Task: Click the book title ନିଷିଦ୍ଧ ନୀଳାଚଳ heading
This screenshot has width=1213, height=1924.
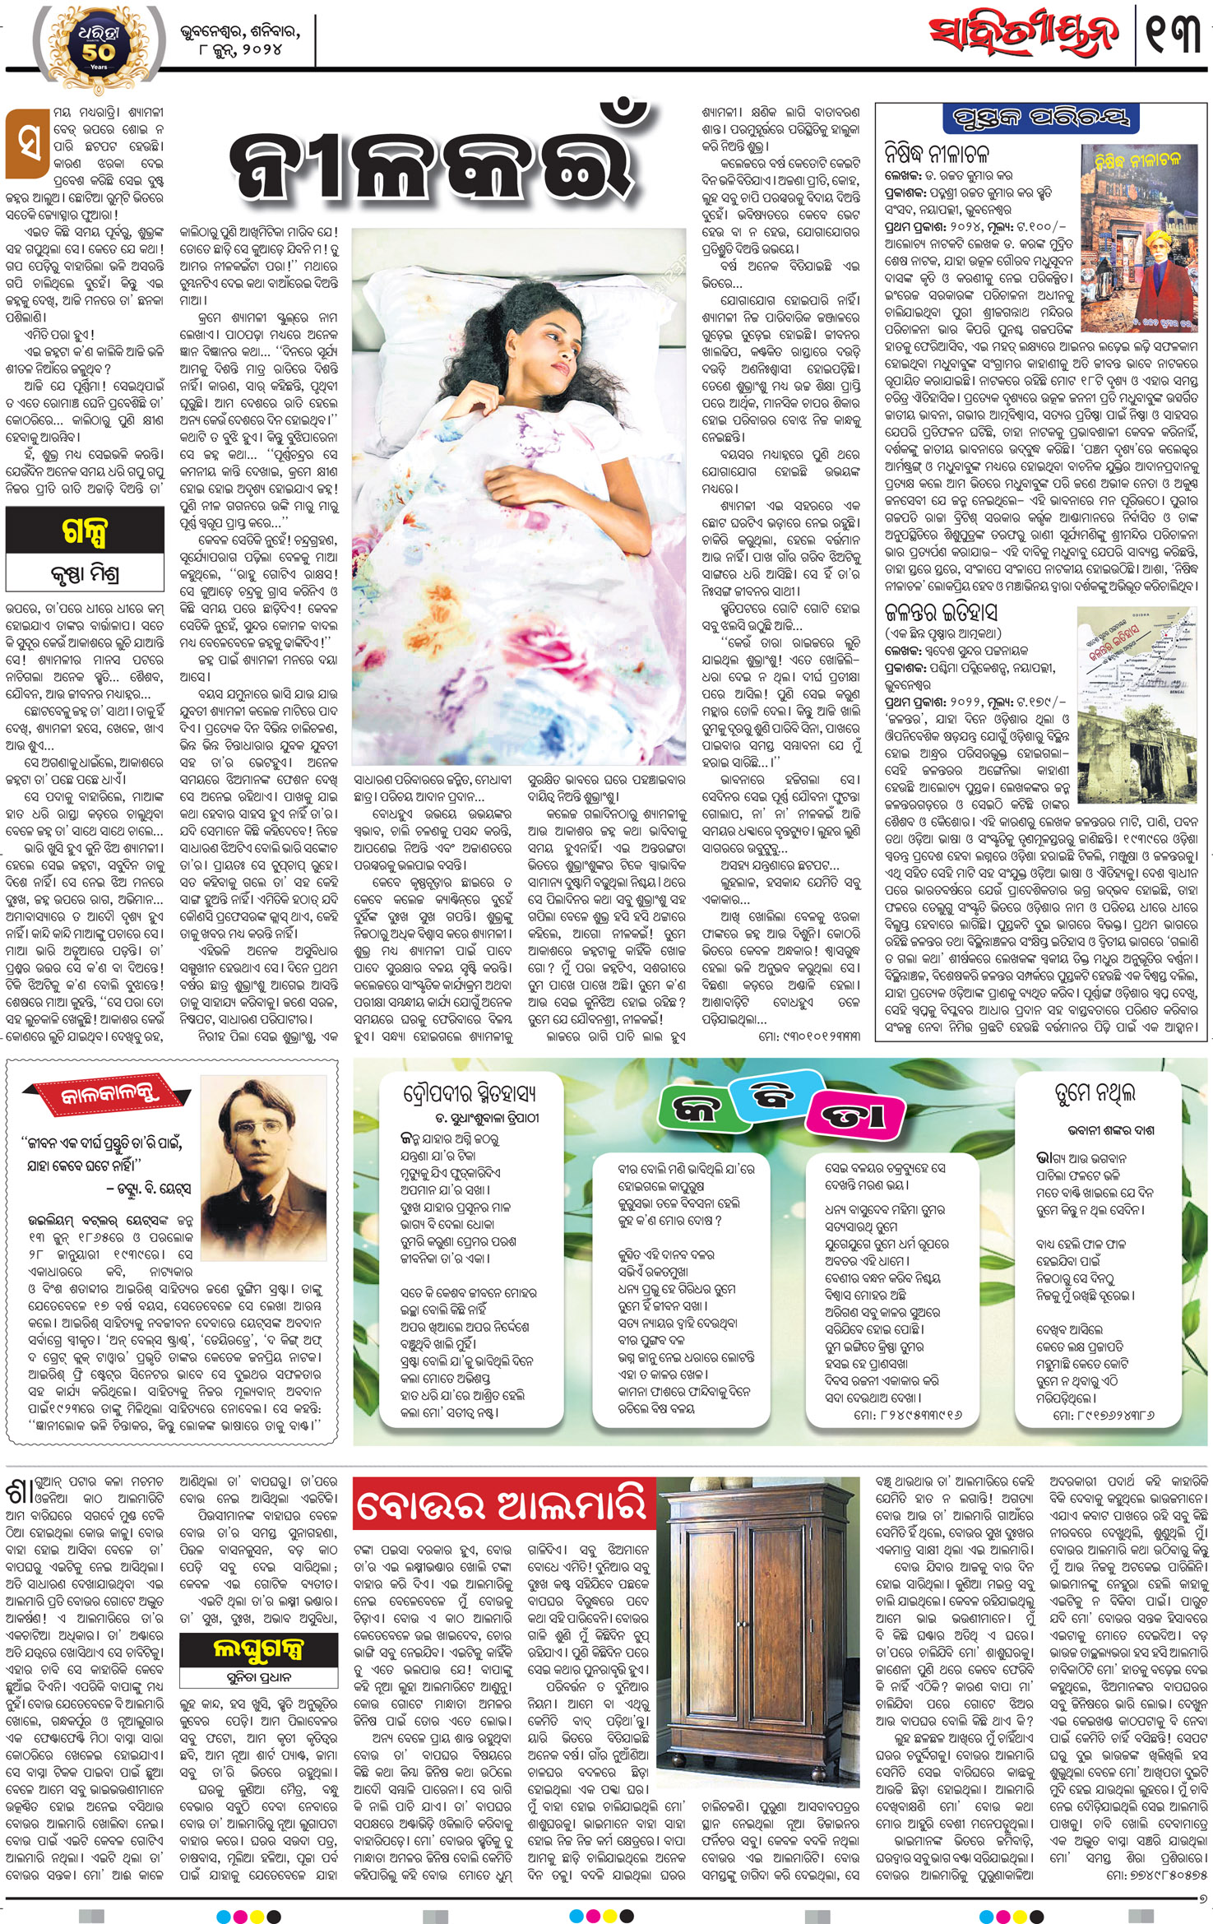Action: [x=937, y=154]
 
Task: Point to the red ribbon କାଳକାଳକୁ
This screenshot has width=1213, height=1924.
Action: [x=109, y=1096]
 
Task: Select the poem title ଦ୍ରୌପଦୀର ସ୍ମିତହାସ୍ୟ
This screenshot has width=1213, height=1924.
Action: [x=470, y=1093]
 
